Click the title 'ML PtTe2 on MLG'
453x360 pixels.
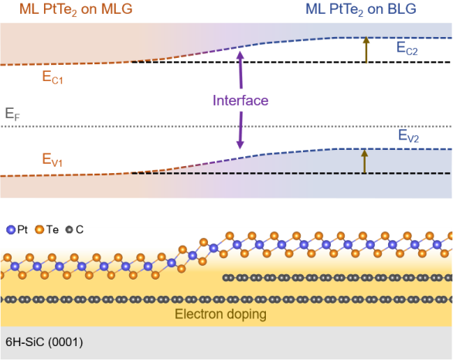coord(76,9)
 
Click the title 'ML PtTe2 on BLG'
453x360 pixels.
coord(361,9)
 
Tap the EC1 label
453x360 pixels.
coord(53,77)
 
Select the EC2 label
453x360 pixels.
coord(407,48)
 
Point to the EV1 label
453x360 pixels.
coord(53,160)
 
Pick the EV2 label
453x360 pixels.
coord(408,136)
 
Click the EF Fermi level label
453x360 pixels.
coord(12,114)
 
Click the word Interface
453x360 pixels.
coord(240,100)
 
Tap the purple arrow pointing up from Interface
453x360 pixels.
coord(240,70)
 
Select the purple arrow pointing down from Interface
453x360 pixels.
coord(240,131)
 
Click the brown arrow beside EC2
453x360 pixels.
coord(366,49)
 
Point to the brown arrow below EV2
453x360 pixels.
coord(365,161)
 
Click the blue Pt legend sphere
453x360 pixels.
coord(11,229)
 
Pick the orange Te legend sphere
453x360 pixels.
coord(39,229)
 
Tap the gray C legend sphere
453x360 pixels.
coord(69,229)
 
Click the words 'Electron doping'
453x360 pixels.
coord(221,314)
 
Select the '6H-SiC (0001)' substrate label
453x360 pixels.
coord(44,342)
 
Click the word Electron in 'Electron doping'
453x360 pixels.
coord(199,314)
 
